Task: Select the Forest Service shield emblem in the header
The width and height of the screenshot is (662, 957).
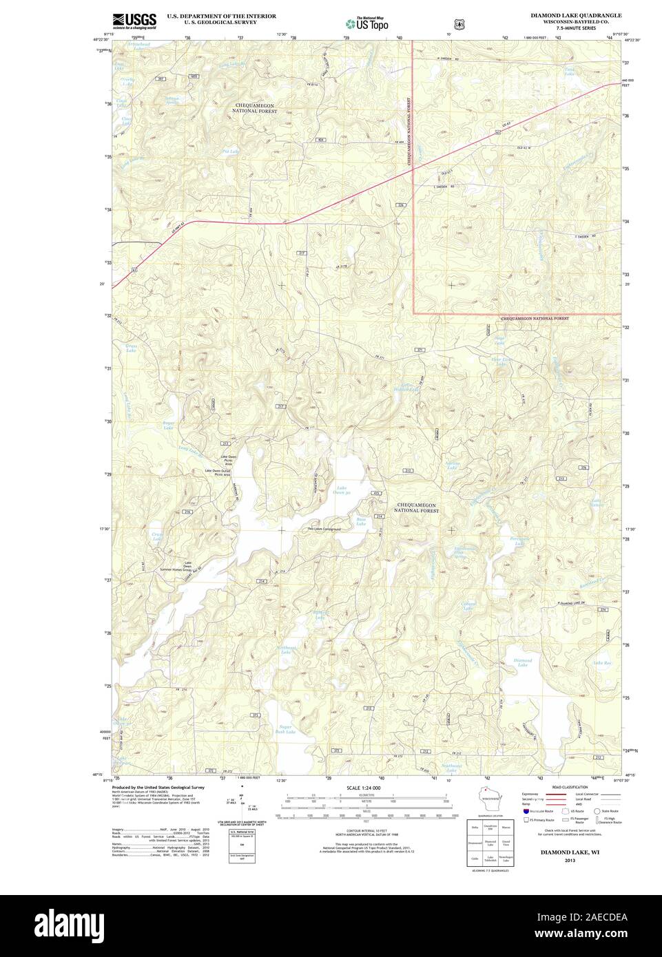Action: click(x=460, y=23)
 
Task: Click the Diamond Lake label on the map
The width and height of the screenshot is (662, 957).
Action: click(x=523, y=662)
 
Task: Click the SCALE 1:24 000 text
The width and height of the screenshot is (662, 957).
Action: click(x=364, y=787)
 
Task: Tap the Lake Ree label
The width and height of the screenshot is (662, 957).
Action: click(x=602, y=664)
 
